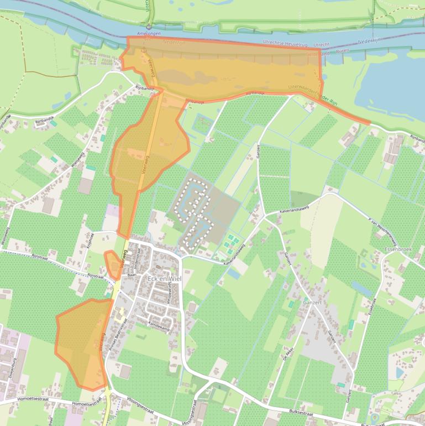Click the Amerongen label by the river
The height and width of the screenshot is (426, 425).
[148, 34]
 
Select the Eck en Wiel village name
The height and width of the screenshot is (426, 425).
[164, 278]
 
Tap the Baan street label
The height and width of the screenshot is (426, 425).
[132, 274]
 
